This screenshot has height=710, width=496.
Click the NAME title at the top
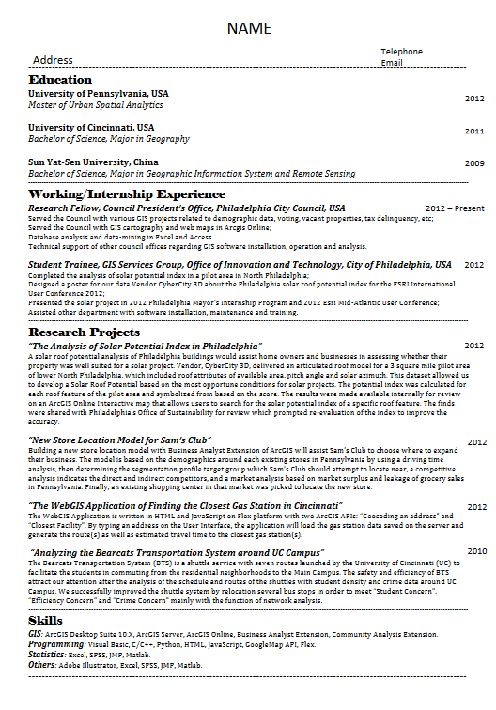coord(249,29)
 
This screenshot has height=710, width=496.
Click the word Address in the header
coord(53,60)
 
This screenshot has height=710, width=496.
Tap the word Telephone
coord(401,52)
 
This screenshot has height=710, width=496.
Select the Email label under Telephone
coord(392,63)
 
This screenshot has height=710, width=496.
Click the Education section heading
coord(60,80)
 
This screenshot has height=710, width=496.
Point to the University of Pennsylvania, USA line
coord(99,94)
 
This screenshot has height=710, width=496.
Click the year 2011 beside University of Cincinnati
coord(474,131)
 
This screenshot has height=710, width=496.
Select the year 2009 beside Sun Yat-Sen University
coord(474,163)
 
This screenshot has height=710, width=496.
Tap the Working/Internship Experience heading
coord(127,193)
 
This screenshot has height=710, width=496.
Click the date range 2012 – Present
coord(455,208)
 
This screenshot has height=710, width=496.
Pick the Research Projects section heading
coord(85,332)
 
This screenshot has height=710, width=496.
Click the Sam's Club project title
coord(120,440)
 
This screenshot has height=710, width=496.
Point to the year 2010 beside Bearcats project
coord(476,551)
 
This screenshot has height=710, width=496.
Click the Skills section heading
coord(46,621)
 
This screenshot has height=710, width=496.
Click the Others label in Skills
coord(43,665)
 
